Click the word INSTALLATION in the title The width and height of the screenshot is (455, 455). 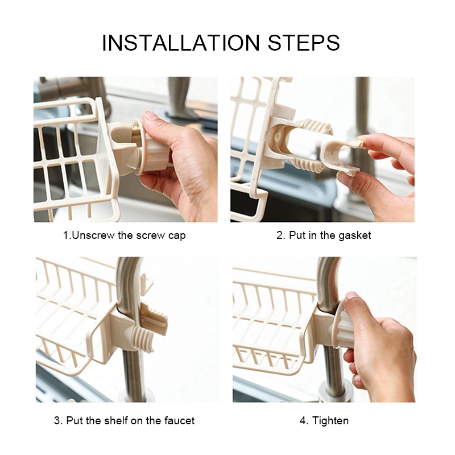pyautogui.click(x=181, y=43)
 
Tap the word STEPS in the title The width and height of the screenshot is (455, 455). pyautogui.click(x=304, y=43)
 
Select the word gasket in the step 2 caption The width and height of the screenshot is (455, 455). pyautogui.click(x=354, y=235)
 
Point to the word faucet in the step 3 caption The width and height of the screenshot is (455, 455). pyautogui.click(x=179, y=420)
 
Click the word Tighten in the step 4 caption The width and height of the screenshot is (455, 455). pyautogui.click(x=330, y=421)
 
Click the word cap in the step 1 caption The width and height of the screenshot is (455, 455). pyautogui.click(x=177, y=236)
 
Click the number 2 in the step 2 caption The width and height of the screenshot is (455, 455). pyautogui.click(x=279, y=235)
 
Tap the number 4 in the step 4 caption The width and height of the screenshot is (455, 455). pyautogui.click(x=303, y=421)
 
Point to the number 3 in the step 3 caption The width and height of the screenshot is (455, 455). pyautogui.click(x=57, y=420)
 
